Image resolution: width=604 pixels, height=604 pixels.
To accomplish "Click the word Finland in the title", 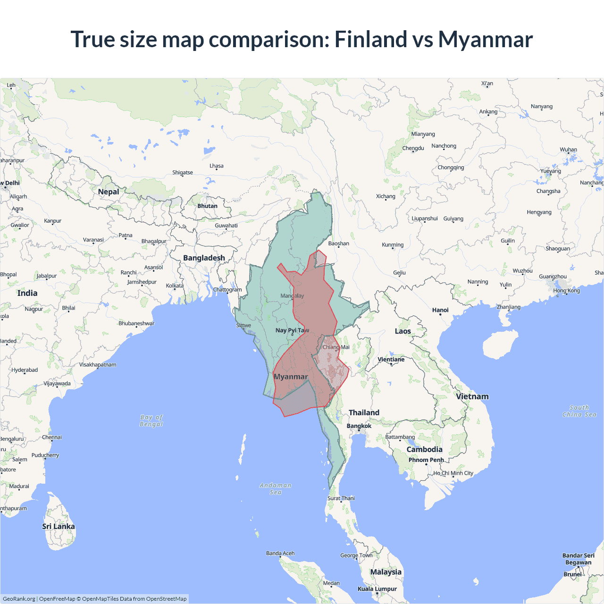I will (x=370, y=39).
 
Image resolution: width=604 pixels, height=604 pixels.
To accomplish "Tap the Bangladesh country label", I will (x=204, y=258).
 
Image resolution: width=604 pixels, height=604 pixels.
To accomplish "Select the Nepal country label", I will (x=109, y=192).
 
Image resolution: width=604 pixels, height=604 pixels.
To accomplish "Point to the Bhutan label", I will (x=208, y=206).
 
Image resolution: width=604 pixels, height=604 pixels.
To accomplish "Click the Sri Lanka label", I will (x=59, y=527).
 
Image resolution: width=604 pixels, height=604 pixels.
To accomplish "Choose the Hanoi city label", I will (x=440, y=310).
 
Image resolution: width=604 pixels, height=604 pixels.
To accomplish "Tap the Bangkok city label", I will (x=359, y=426).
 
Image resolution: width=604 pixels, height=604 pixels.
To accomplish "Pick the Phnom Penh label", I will (x=426, y=460).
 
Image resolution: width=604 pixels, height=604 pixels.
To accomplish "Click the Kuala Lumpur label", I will (x=377, y=589).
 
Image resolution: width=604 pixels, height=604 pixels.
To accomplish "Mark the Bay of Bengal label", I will (x=151, y=420).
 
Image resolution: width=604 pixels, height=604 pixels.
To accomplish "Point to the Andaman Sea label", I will (x=276, y=489).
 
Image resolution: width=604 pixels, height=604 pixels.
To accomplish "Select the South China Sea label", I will (x=579, y=411).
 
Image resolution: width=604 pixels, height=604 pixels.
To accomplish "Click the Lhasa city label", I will (x=217, y=166).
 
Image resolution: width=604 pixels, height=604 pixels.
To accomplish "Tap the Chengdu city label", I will (x=413, y=148).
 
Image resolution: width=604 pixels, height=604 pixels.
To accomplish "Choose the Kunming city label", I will (x=393, y=245).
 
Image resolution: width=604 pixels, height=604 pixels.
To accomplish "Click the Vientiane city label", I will (x=391, y=360).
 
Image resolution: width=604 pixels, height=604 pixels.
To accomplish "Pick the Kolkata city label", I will (x=175, y=286).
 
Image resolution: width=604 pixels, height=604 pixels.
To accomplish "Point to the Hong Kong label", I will (x=567, y=291).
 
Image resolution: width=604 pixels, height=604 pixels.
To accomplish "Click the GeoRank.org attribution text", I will (x=19, y=599).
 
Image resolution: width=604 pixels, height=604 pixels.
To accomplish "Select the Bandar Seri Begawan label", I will (x=579, y=559).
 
